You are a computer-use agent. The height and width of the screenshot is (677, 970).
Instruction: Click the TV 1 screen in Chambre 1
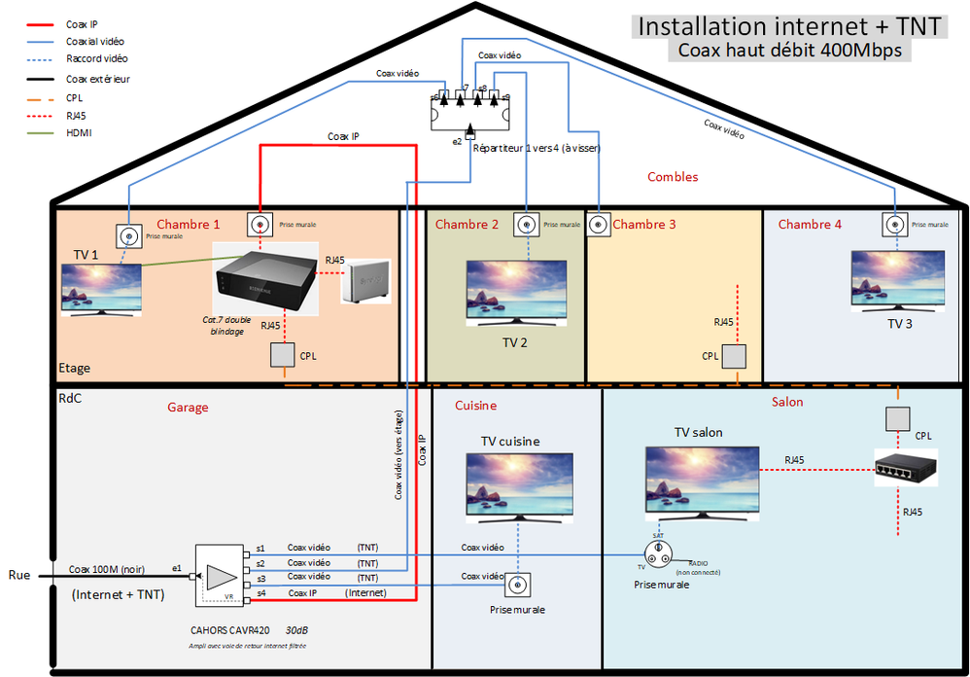[101, 288]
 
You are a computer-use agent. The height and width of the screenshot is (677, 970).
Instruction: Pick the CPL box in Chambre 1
[282, 356]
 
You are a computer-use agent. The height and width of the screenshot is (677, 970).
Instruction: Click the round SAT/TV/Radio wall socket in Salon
[660, 552]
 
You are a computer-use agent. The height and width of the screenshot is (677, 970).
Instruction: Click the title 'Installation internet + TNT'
[788, 25]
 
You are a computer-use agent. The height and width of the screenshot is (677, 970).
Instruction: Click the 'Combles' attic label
[673, 177]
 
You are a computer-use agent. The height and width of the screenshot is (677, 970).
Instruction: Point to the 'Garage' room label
[188, 408]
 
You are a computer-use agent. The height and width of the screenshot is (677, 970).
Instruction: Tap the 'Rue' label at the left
[19, 575]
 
